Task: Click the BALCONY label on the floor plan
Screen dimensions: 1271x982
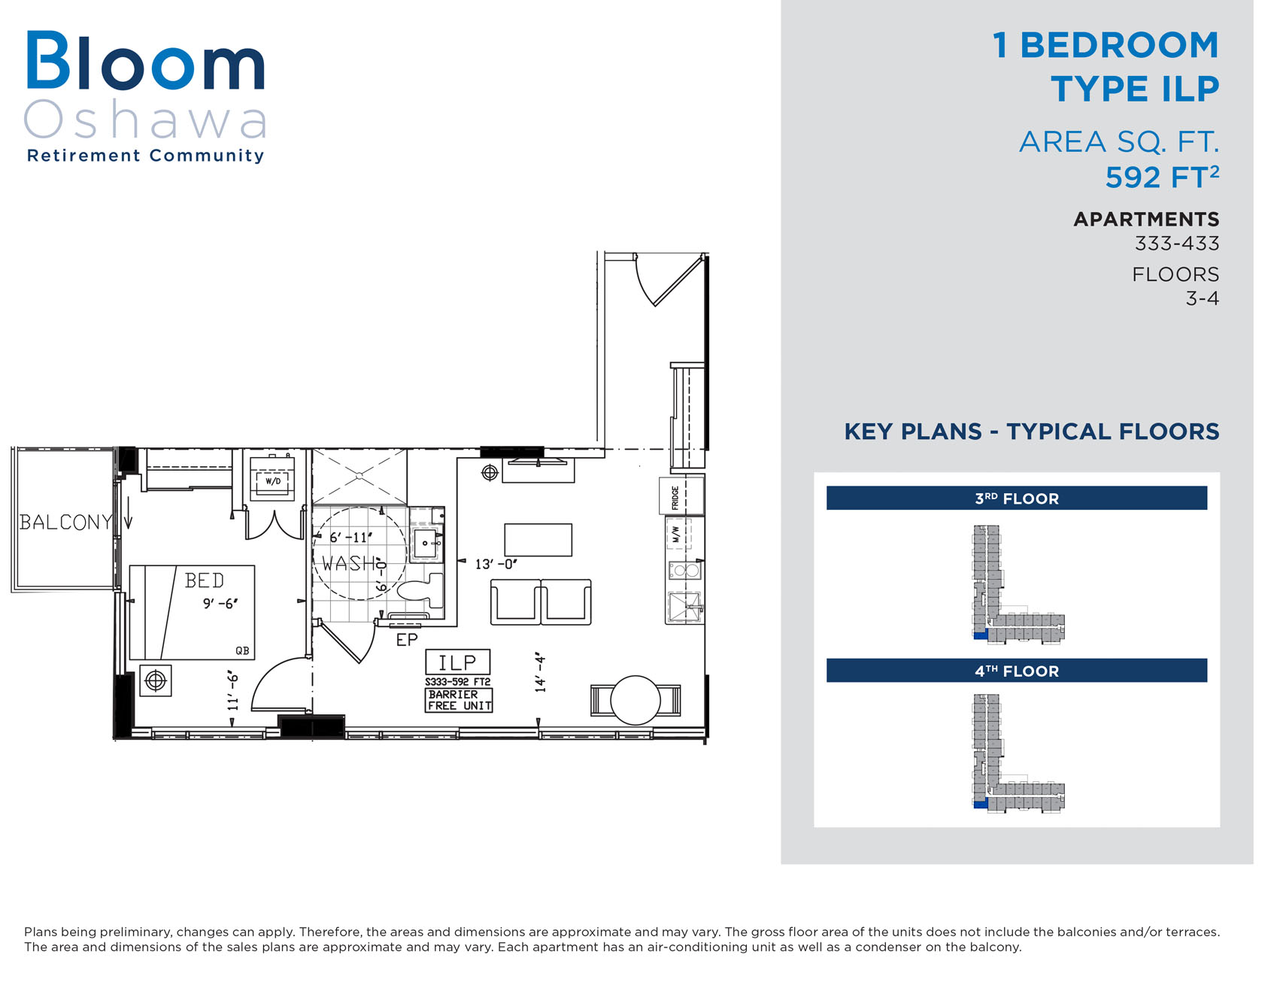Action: click(x=65, y=522)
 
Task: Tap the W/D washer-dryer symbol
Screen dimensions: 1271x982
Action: click(x=272, y=480)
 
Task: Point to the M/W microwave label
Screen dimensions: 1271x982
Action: click(x=676, y=535)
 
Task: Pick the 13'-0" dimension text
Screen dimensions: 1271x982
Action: click(x=496, y=564)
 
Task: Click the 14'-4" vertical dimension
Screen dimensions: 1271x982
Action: click(x=540, y=672)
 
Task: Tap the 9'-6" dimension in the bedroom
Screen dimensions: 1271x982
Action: click(x=220, y=603)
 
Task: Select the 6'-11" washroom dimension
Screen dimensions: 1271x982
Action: click(x=350, y=538)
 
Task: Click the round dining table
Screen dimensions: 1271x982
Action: click(x=635, y=700)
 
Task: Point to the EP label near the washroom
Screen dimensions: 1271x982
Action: click(x=407, y=640)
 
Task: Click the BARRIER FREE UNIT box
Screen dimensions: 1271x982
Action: click(x=459, y=700)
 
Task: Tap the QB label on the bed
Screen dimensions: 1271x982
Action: click(x=242, y=650)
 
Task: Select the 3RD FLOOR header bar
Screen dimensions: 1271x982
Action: click(x=1017, y=499)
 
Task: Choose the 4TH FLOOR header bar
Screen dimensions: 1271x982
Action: click(x=1017, y=671)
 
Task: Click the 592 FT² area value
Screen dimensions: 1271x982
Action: click(x=1162, y=177)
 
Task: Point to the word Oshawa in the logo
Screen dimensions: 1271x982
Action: click(x=146, y=120)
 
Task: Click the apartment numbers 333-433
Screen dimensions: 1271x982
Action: click(x=1177, y=244)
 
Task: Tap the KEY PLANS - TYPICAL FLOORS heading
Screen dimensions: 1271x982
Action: click(x=1032, y=432)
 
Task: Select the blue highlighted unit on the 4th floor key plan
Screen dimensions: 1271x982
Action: click(x=980, y=805)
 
